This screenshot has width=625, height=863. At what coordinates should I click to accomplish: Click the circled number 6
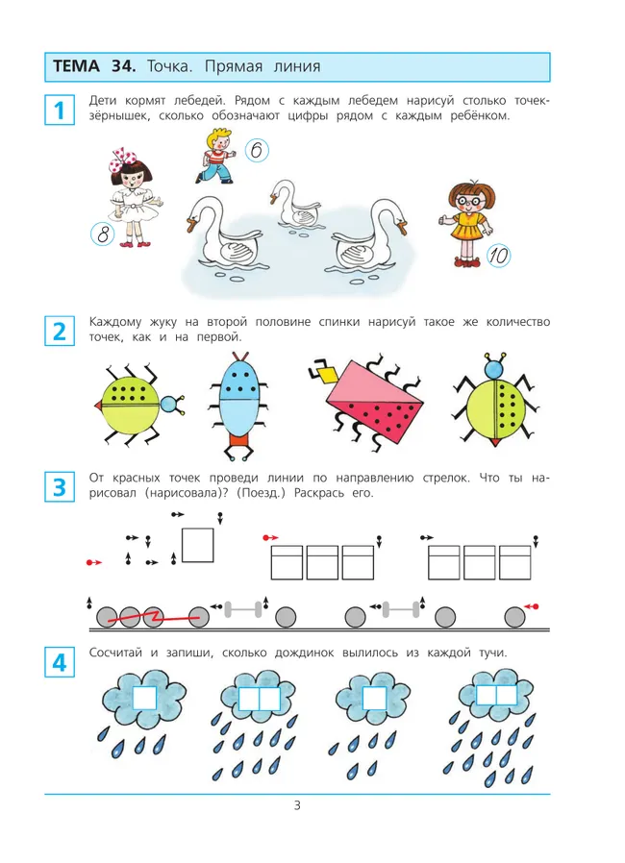pos(256,150)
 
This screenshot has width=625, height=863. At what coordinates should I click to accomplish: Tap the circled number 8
pos(103,234)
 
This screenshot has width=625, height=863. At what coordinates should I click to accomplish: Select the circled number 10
pos(498,256)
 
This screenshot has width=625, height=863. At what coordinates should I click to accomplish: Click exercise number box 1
pos(60,111)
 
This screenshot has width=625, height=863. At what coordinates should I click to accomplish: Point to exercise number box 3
pos(60,487)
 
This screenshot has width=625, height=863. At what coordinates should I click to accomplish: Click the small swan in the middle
pos(294,204)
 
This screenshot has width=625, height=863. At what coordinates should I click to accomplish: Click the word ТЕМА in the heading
pos(77,66)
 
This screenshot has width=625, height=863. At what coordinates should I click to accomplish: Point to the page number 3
pos(297,805)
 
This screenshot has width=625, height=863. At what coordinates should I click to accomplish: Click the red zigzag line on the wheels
pos(153,618)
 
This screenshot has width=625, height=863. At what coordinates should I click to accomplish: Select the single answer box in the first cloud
pos(145,698)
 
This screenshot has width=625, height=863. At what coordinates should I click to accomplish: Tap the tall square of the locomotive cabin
pos(198,546)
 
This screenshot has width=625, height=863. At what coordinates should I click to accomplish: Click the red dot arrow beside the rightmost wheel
pos(531,606)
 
